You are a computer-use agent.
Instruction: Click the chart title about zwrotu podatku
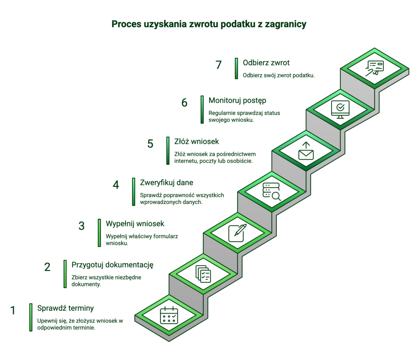pyautogui.click(x=209, y=24)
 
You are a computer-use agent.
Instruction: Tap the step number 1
pyautogui.click(x=13, y=311)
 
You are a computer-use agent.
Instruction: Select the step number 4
pyautogui.click(x=116, y=185)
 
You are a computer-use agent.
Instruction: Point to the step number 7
pyautogui.click(x=219, y=65)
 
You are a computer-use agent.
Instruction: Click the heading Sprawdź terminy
pyautogui.click(x=66, y=308)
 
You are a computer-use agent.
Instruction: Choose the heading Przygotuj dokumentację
pyautogui.click(x=113, y=264)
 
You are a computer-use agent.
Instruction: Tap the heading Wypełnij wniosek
pyautogui.click(x=135, y=224)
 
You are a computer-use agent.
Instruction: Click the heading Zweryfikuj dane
pyautogui.click(x=167, y=182)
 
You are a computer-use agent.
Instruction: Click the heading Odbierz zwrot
pyautogui.click(x=266, y=63)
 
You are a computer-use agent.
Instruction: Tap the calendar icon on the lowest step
pyautogui.click(x=169, y=316)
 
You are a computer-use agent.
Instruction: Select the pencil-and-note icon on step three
pyautogui.click(x=238, y=233)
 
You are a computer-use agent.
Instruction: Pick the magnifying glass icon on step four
pyautogui.click(x=272, y=192)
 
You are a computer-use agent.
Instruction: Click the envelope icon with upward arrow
pyautogui.click(x=306, y=151)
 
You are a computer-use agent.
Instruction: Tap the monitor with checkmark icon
pyautogui.click(x=340, y=109)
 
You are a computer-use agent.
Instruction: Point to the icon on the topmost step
pyautogui.click(x=374, y=68)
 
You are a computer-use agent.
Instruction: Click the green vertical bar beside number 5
pyautogui.click(x=168, y=151)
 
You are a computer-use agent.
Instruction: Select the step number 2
pyautogui.click(x=47, y=267)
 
